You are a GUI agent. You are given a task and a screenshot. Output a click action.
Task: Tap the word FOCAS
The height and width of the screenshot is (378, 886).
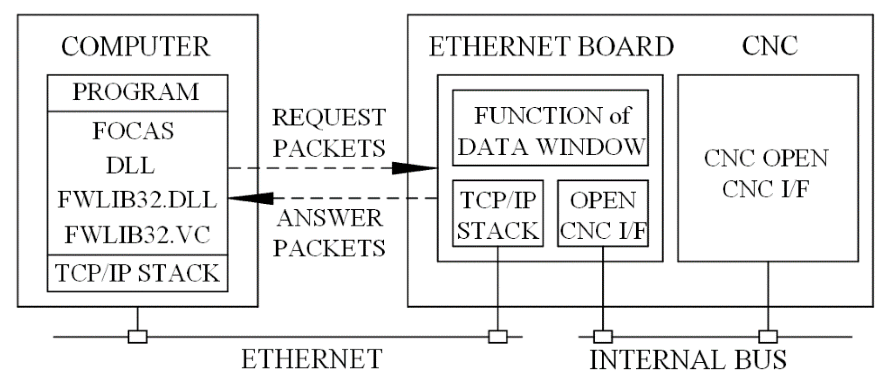(133, 131)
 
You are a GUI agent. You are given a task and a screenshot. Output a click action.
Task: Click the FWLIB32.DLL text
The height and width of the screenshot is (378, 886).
(137, 200)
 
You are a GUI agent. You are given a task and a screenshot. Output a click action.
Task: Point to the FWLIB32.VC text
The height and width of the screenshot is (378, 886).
(137, 235)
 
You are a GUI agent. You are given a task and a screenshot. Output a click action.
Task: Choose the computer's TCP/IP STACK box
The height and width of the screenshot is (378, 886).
(137, 273)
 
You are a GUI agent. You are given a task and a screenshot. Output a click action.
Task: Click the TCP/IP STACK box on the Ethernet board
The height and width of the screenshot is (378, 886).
(498, 214)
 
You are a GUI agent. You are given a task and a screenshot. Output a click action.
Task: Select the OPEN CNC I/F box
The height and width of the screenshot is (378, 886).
(603, 214)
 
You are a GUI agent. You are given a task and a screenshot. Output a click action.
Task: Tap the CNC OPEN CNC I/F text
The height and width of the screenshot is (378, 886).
(767, 174)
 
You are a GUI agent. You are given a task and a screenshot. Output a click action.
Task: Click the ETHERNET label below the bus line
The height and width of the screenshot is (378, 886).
(312, 360)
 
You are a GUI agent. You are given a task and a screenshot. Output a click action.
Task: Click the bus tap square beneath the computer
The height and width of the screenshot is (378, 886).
(138, 337)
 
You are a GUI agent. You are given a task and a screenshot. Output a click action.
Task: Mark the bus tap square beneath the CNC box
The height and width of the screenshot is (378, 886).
(768, 337)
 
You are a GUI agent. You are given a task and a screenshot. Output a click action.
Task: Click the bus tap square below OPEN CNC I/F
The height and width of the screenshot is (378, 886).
(603, 337)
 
